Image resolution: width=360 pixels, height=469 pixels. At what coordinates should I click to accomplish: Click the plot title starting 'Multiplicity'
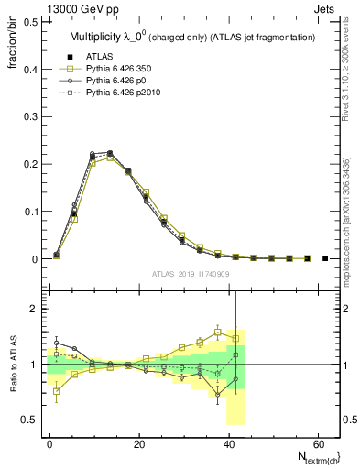[192, 37]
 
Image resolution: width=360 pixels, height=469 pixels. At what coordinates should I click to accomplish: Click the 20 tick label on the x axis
[138, 444]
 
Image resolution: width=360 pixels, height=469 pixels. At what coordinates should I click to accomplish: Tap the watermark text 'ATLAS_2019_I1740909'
[192, 274]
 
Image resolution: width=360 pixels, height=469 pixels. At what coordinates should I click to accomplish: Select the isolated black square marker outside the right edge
[325, 259]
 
